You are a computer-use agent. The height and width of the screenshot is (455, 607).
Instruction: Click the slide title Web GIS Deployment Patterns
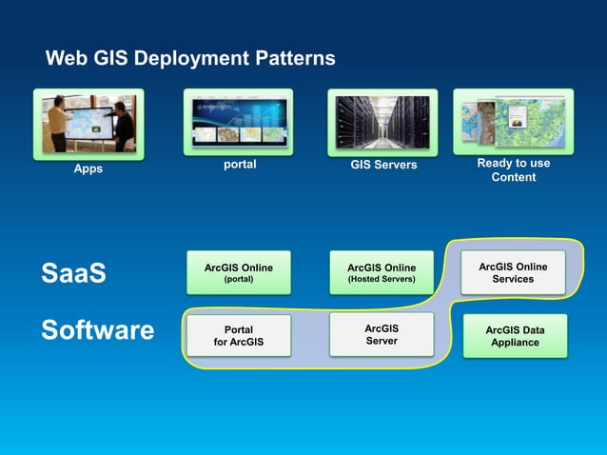[190, 59]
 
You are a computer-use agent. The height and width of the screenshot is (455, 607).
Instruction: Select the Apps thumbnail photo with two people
[88, 123]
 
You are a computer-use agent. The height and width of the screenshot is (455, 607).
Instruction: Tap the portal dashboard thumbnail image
[238, 122]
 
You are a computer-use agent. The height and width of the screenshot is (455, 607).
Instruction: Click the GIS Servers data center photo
[382, 122]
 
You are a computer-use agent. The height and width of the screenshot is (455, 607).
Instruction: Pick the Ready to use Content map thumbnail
[513, 121]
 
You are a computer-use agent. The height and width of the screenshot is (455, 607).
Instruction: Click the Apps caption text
[88, 169]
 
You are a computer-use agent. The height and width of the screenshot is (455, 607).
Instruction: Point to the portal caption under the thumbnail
[239, 165]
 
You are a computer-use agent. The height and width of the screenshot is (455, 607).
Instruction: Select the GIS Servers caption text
[382, 166]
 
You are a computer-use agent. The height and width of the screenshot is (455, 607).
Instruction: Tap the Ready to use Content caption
[513, 170]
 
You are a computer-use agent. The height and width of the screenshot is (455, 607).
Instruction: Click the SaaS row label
[73, 274]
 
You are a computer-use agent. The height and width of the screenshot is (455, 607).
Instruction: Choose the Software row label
[97, 330]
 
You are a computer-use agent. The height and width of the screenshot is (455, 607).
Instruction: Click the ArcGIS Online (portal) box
[238, 273]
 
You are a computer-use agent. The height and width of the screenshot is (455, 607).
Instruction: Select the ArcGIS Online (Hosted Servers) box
[381, 273]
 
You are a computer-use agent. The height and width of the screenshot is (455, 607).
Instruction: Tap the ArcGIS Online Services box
[513, 272]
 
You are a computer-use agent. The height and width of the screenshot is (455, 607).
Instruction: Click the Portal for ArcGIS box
[238, 336]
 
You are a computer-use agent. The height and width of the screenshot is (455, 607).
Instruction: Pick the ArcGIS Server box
[381, 334]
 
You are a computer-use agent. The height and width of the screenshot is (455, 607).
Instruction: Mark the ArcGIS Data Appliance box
[514, 336]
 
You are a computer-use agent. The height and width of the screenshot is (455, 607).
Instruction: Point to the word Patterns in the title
[297, 59]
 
